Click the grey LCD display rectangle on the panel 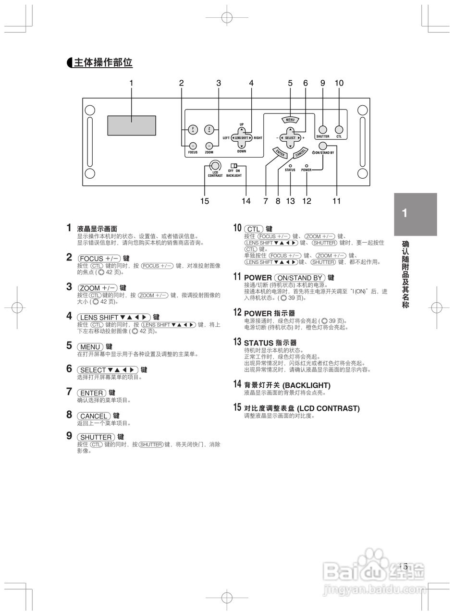tap(131, 125)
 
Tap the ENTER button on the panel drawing tap(281, 152)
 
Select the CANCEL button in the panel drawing tap(301, 152)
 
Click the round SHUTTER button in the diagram tap(322, 129)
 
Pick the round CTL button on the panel tap(339, 129)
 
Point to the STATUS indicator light tap(290, 165)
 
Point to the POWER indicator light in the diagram tap(307, 165)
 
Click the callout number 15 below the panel tap(205, 201)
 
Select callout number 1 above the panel tap(131, 83)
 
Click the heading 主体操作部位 tap(103, 62)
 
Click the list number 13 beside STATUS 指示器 tap(237, 342)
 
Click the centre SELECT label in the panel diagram tap(290, 138)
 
